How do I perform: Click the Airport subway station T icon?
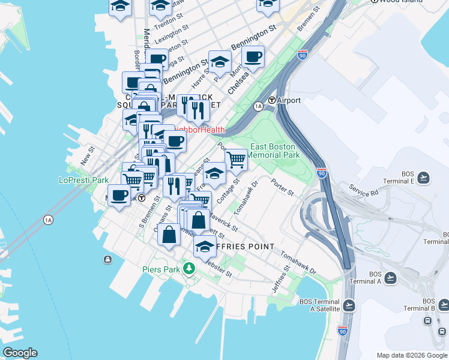click(272, 101)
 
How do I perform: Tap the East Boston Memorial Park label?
click(273, 151)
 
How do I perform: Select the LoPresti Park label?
click(83, 179)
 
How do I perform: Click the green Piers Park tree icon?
click(190, 268)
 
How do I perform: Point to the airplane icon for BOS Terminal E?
click(424, 178)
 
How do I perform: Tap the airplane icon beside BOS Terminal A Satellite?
click(350, 305)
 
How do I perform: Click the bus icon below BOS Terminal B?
click(427, 320)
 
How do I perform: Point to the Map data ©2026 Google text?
click(411, 355)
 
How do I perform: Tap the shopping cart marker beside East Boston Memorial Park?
click(237, 160)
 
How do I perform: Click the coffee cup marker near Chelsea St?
click(253, 57)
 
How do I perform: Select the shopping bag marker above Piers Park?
click(169, 235)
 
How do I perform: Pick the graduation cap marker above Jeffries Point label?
click(205, 247)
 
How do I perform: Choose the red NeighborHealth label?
click(199, 130)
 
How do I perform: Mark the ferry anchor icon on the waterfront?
click(107, 259)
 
